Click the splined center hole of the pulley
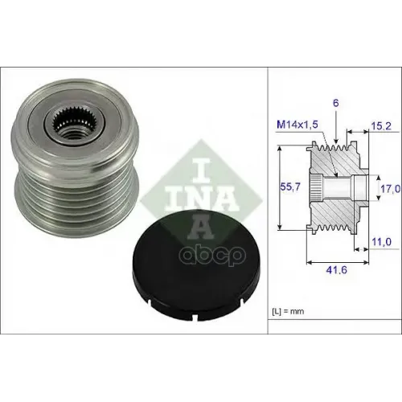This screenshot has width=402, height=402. point(72,125)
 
